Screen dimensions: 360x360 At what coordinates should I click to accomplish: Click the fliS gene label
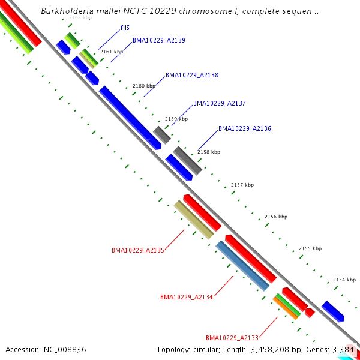(x=125, y=28)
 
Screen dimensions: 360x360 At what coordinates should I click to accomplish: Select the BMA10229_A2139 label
(x=158, y=41)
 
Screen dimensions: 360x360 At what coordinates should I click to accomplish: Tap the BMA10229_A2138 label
(x=191, y=76)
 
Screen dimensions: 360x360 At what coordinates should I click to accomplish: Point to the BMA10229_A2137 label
(x=219, y=104)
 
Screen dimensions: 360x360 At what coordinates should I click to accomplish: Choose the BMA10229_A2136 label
(x=244, y=129)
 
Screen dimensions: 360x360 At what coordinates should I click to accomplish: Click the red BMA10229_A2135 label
(x=138, y=250)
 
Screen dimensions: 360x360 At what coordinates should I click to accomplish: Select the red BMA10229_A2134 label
(x=187, y=297)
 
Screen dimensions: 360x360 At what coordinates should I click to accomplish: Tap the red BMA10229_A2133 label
(x=232, y=338)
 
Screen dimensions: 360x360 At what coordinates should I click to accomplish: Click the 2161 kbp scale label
(x=112, y=52)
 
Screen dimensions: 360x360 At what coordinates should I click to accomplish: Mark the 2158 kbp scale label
(x=209, y=152)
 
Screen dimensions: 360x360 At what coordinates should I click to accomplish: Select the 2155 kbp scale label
(x=310, y=248)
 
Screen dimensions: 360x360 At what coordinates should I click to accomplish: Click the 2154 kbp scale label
(x=344, y=280)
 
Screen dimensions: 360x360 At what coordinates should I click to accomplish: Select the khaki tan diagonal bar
(x=193, y=220)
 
